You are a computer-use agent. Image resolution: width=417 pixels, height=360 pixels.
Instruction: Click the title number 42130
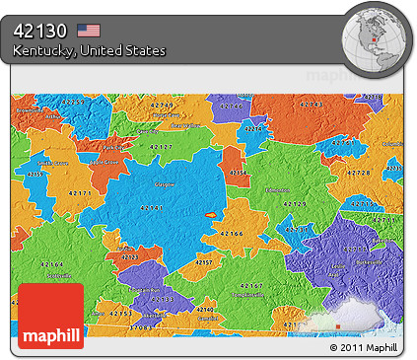point(42,30)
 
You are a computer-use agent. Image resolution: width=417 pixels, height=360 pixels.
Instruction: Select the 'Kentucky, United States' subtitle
point(90,50)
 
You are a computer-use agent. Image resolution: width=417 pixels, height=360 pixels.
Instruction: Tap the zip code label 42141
point(153,207)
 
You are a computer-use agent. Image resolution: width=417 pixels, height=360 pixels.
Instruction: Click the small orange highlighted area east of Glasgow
point(210,213)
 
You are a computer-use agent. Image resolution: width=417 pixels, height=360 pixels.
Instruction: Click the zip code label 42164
point(50,265)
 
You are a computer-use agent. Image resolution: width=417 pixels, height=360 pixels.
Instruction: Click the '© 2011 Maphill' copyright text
point(366,349)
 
